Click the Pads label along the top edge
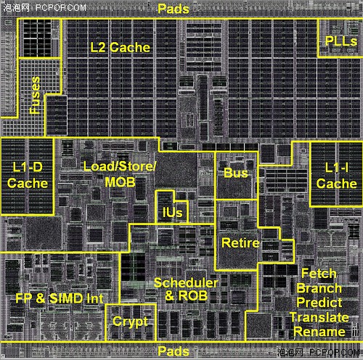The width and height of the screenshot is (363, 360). [174, 9]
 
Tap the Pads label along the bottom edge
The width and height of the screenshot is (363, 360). [174, 351]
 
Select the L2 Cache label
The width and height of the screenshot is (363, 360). [121, 47]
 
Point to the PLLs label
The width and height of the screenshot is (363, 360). [341, 41]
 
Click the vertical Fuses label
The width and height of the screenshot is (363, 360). [35, 95]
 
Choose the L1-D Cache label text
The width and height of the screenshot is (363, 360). [28, 175]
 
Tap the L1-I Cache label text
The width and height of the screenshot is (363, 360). [336, 176]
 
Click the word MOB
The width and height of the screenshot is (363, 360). [120, 182]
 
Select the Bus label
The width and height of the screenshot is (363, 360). [236, 173]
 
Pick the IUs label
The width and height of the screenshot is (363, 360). [172, 213]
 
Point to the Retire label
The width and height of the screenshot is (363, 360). [240, 243]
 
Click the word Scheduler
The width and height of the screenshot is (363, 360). [186, 283]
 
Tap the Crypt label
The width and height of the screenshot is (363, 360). [130, 322]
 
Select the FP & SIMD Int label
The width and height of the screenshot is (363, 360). [60, 298]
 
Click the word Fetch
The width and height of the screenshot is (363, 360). [319, 274]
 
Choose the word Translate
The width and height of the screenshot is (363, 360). [319, 317]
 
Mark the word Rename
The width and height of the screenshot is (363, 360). [319, 332]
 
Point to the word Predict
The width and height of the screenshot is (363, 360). [319, 303]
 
